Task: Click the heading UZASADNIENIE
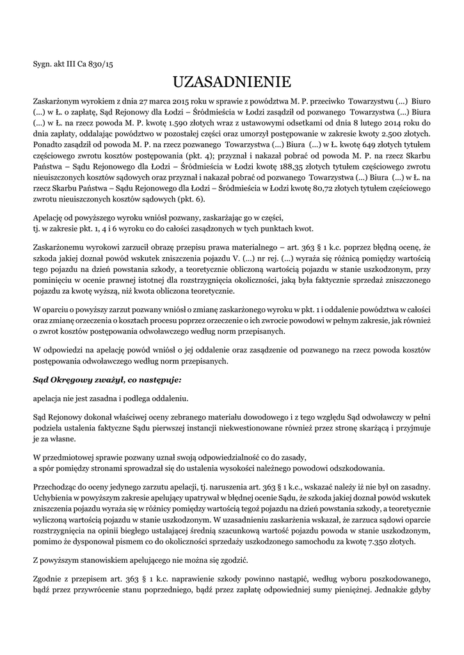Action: click(x=232, y=83)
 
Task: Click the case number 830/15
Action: click(x=100, y=63)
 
